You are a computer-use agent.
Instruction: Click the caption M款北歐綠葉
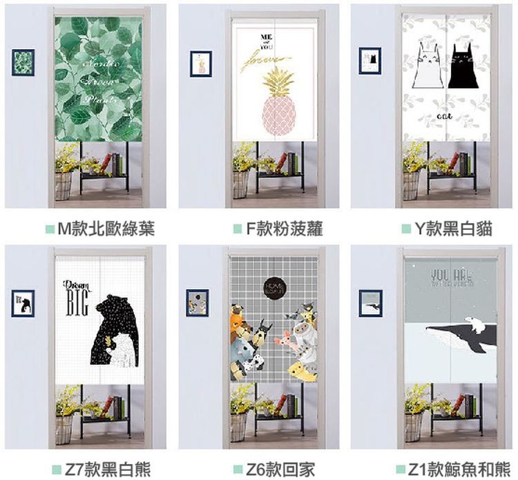click(x=106, y=229)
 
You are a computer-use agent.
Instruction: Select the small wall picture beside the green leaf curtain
click(x=23, y=62)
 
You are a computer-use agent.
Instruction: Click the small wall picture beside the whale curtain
click(x=370, y=303)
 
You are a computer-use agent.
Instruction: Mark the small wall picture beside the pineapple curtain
click(x=200, y=63)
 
